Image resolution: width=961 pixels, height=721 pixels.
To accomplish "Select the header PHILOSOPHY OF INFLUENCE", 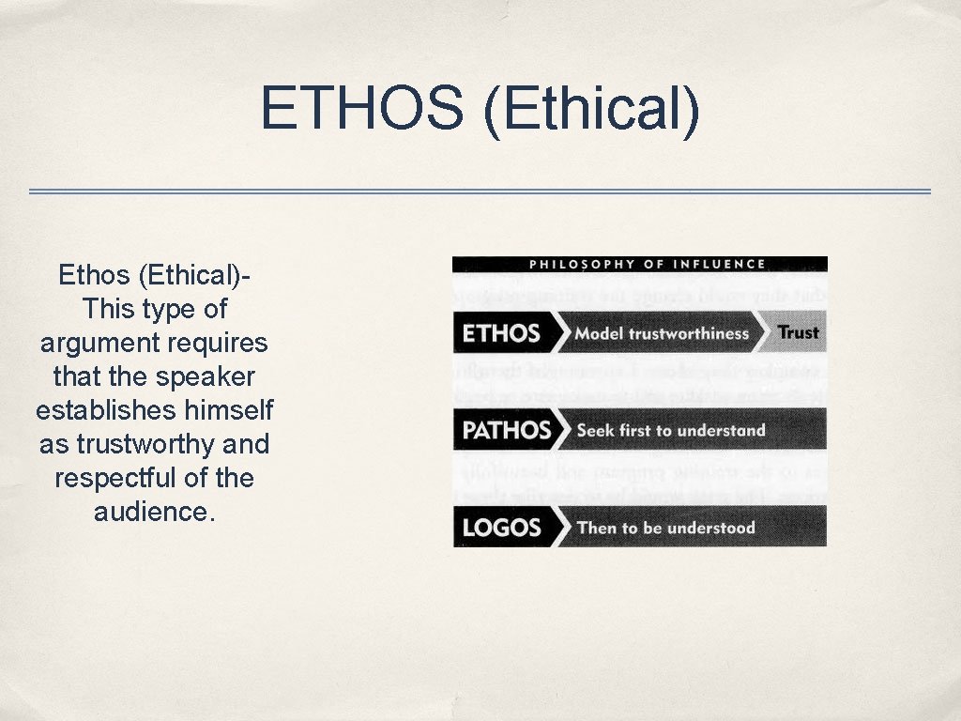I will pos(648,264).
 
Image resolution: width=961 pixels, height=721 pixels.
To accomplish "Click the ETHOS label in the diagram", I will pos(501,333).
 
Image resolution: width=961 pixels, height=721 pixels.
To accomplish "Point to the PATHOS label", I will pos(506,431).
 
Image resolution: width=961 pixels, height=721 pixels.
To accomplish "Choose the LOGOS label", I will pos(501,528).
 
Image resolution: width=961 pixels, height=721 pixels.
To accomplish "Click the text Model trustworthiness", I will pos(662,333).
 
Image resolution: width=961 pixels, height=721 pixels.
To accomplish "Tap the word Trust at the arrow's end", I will pos(799,332).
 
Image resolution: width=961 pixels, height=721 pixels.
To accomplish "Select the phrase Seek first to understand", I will pos(671,431).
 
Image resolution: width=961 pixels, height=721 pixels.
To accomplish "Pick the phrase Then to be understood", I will pos(665,528).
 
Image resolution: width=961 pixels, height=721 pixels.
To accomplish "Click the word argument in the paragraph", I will pos(99,343).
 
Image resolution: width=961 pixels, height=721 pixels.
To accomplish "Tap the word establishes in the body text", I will pos(103,410).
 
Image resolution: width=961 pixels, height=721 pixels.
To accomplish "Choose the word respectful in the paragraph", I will pos(114,478).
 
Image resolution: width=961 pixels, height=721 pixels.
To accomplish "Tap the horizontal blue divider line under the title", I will pos(480,192).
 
